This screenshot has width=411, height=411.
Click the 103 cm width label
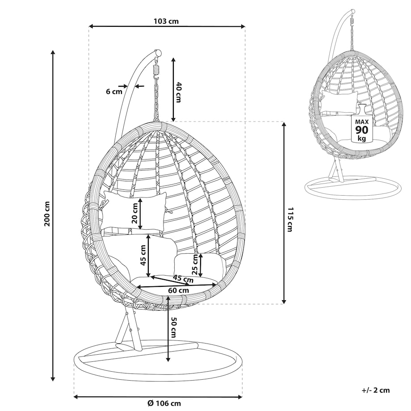pos(166,21)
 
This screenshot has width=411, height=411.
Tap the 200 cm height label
pos(47,214)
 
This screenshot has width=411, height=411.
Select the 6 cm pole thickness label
pos(114,92)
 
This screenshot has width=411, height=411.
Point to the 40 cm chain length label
pos(179,92)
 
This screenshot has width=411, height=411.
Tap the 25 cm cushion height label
pos(195,264)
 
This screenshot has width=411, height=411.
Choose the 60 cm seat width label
pos(179,290)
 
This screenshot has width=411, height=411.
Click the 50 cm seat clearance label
pos(173,327)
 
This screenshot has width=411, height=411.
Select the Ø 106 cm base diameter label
pos(164,403)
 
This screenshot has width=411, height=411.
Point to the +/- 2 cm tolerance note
pos(376,390)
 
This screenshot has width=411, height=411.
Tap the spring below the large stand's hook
pos(156,69)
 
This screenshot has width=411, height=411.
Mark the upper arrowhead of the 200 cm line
pos(53,52)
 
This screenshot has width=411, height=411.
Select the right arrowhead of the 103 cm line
pos(243,26)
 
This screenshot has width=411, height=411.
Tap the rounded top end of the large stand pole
pos(158,53)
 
